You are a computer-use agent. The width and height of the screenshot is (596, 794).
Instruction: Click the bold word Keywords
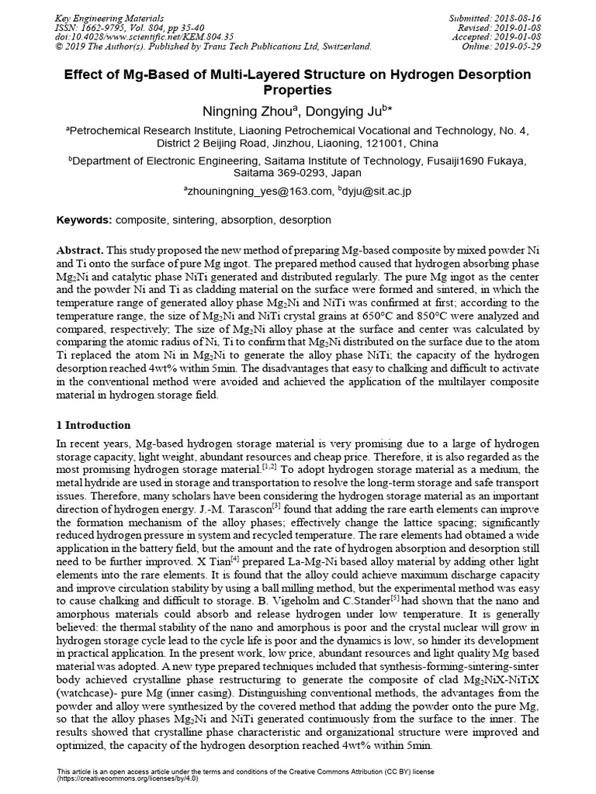(x=85, y=220)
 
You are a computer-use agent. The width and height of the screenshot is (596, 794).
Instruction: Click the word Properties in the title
(x=298, y=91)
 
